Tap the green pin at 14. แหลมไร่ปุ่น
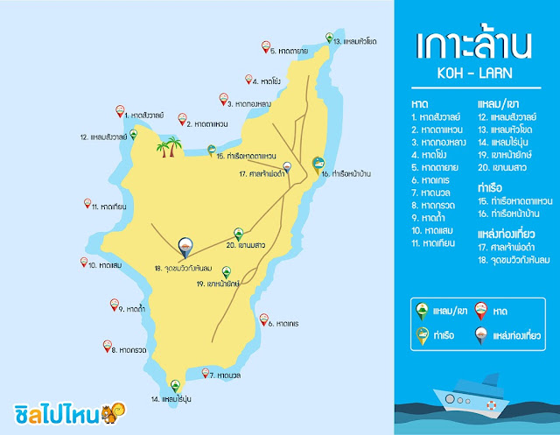(x=174, y=386)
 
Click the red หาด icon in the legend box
(x=483, y=309)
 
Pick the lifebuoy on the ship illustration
(x=492, y=405)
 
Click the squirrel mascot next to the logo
(x=112, y=411)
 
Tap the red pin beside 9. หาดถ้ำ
(x=114, y=305)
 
